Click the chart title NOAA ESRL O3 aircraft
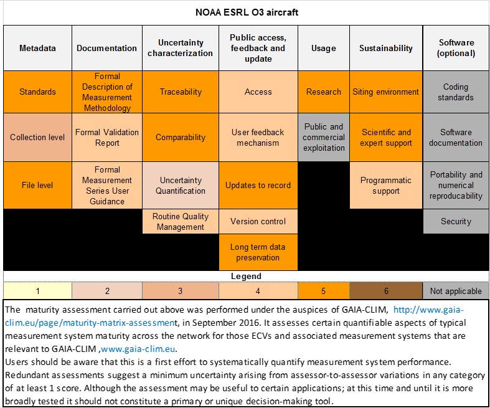pyautogui.click(x=247, y=12)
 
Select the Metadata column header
pyautogui.click(x=37, y=48)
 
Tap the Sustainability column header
pyautogui.click(x=386, y=48)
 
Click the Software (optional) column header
pyautogui.click(x=456, y=48)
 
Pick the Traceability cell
pyautogui.click(x=181, y=92)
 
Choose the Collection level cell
pyautogui.click(x=37, y=137)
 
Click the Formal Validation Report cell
pyautogui.click(x=107, y=137)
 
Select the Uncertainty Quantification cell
pyautogui.click(x=181, y=185)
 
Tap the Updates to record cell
pyautogui.click(x=258, y=185)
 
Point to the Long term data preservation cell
pyautogui.click(x=258, y=252)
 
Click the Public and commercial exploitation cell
pyautogui.click(x=324, y=137)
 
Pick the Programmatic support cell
pyautogui.click(x=386, y=185)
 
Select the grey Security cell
pyautogui.click(x=456, y=221)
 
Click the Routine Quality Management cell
pyautogui.click(x=181, y=221)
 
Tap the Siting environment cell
pyautogui.click(x=386, y=92)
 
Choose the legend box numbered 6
pyautogui.click(x=386, y=291)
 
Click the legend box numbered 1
pyautogui.click(x=37, y=291)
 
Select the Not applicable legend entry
pyautogui.click(x=456, y=291)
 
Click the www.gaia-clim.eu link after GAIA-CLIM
pyautogui.click(x=138, y=349)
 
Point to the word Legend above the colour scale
pyautogui.click(x=246, y=276)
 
